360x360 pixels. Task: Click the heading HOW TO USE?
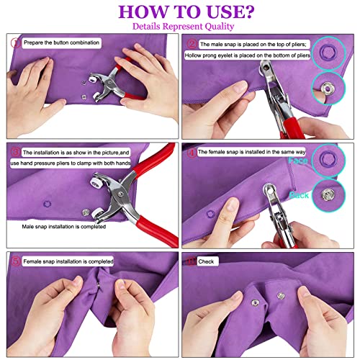(x=179, y=12)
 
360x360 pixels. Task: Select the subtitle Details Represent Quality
(x=179, y=27)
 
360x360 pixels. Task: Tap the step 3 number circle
(x=14, y=152)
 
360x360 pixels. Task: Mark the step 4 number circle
(x=192, y=153)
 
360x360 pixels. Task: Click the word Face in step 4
(x=299, y=162)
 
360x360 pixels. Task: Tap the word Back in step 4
(x=300, y=195)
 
